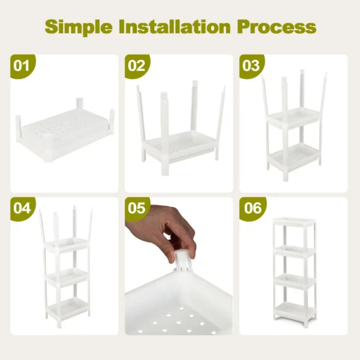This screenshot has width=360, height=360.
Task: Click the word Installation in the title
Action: point(175,27)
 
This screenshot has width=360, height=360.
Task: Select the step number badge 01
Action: point(22,65)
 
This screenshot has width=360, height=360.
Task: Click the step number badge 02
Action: point(137,65)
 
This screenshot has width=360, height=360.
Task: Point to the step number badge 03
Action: point(251,65)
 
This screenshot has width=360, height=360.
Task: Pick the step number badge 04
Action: point(22,208)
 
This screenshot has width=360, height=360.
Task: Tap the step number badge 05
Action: point(137,208)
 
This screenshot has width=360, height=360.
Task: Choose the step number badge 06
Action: point(251,208)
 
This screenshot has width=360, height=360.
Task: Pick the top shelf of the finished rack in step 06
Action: point(293,225)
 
